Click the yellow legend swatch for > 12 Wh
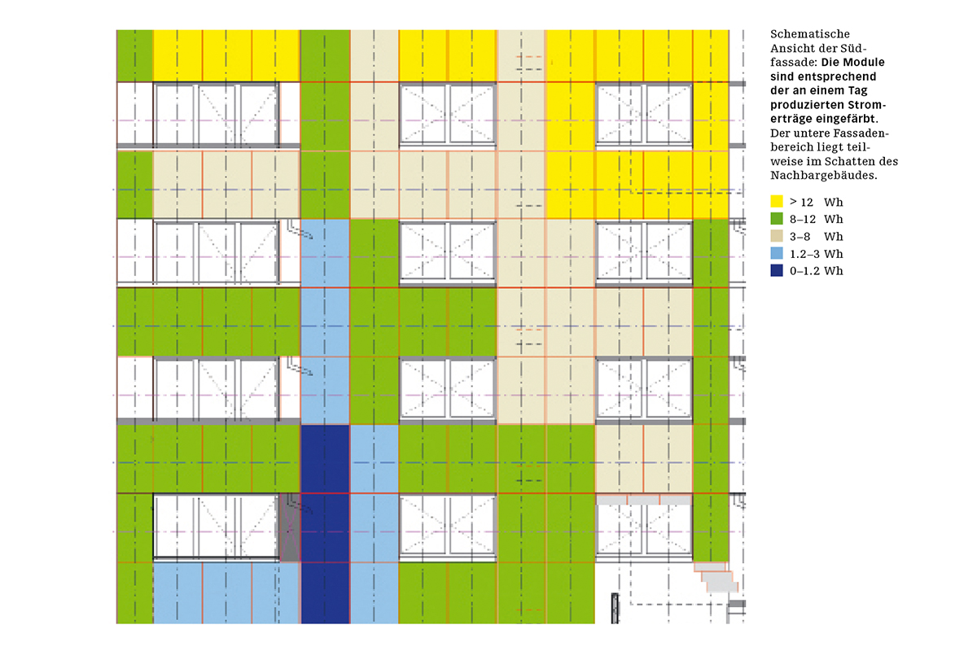[776, 201]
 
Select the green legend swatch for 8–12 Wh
[776, 219]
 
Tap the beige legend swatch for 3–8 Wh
[776, 236]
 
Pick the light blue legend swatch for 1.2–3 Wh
[776, 254]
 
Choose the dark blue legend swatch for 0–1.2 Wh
[776, 271]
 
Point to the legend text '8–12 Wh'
[817, 219]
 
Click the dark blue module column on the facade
[325, 525]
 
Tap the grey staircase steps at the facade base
[716, 579]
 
